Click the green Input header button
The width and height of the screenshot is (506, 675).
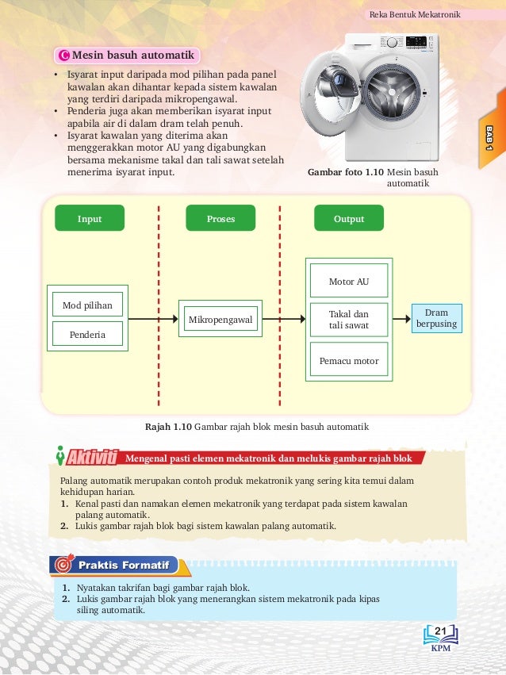pyautogui.click(x=90, y=218)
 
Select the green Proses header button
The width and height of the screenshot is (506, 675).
pyautogui.click(x=220, y=218)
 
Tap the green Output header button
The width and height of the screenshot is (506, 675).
pyautogui.click(x=349, y=218)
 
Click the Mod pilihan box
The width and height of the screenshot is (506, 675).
pyautogui.click(x=87, y=305)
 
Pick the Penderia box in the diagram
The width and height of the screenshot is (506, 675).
pyautogui.click(x=87, y=335)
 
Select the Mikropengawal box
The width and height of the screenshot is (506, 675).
pyautogui.click(x=220, y=320)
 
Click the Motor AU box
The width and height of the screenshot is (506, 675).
pyautogui.click(x=349, y=282)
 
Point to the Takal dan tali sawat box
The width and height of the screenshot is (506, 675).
pyautogui.click(x=349, y=320)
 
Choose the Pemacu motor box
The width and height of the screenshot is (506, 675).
pyautogui.click(x=349, y=361)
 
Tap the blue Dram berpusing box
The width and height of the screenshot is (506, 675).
pyautogui.click(x=436, y=319)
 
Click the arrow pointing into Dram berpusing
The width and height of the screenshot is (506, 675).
pyautogui.click(x=401, y=320)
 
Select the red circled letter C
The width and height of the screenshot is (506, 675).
pyautogui.click(x=64, y=56)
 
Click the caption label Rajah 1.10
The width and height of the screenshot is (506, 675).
pyautogui.click(x=167, y=427)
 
